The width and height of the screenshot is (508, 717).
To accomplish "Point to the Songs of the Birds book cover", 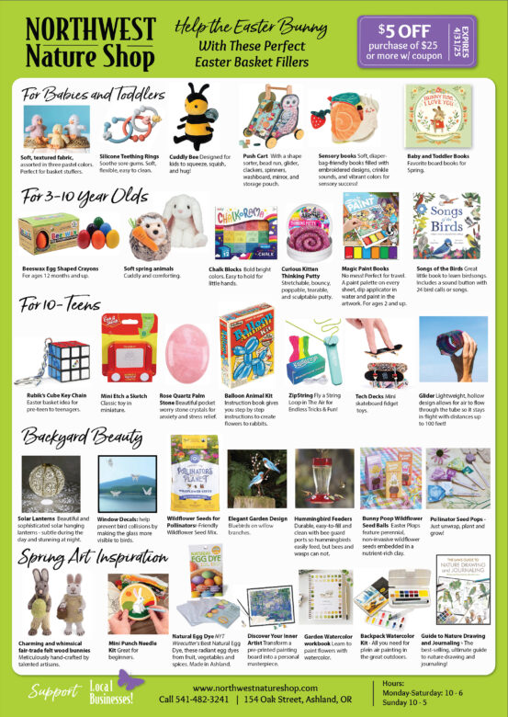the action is (x=446, y=226).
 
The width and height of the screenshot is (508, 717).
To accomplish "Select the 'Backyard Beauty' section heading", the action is (x=73, y=436).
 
